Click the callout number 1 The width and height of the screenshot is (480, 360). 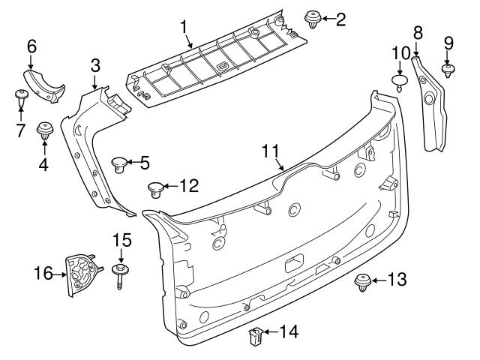coord(182,28)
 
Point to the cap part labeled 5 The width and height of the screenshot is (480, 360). coord(119,163)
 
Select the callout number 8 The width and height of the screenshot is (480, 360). coord(418,31)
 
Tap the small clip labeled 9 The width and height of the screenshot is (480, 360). coord(448,71)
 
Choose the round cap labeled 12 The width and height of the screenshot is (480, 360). coord(155,187)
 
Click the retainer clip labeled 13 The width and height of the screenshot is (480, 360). coord(361,282)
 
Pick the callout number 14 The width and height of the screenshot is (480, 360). coord(289,331)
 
